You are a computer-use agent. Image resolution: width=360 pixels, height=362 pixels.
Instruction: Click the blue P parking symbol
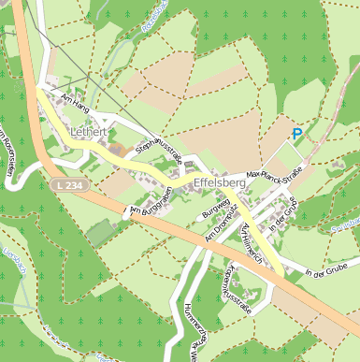pos(297,135)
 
